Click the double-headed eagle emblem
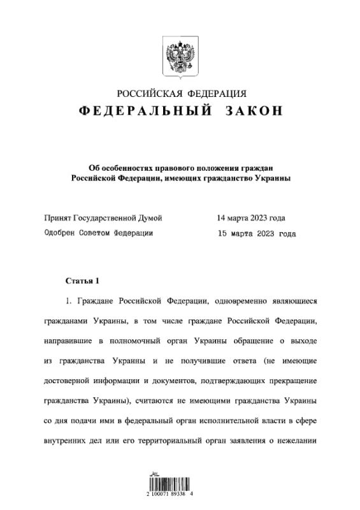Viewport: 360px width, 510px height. [180, 53]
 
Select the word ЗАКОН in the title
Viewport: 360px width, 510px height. [253, 111]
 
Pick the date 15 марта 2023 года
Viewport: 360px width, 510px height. [257, 233]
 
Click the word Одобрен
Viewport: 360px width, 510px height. [62, 233]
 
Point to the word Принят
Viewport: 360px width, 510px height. [59, 218]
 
